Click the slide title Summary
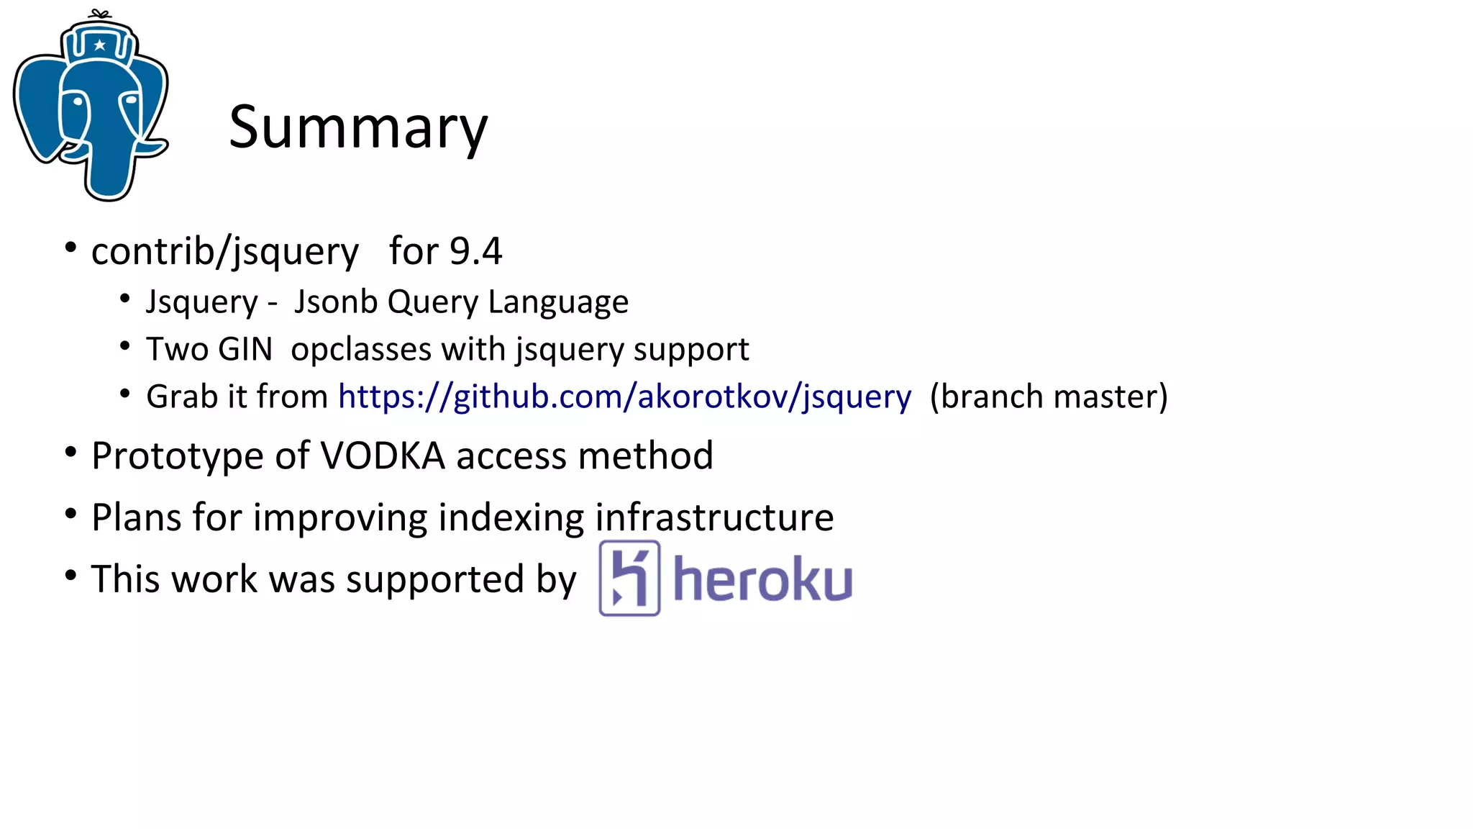(x=358, y=128)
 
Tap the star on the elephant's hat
(x=100, y=45)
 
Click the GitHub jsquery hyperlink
(x=624, y=397)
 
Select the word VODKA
(x=383, y=456)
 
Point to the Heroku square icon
(x=629, y=579)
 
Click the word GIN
(x=245, y=350)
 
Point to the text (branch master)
(x=1048, y=397)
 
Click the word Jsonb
(x=336, y=302)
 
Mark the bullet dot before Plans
(x=70, y=514)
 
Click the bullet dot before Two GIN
(x=125, y=346)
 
